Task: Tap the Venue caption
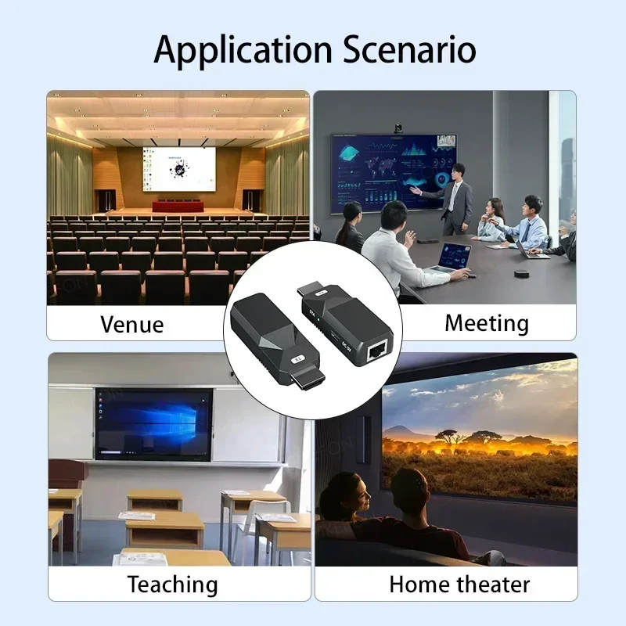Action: pyautogui.click(x=132, y=324)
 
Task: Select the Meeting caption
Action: pyautogui.click(x=487, y=322)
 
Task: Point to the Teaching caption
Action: pyautogui.click(x=172, y=584)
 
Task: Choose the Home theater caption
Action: pyautogui.click(x=459, y=584)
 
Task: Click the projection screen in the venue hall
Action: pyautogui.click(x=178, y=170)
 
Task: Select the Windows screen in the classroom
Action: pyautogui.click(x=153, y=423)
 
